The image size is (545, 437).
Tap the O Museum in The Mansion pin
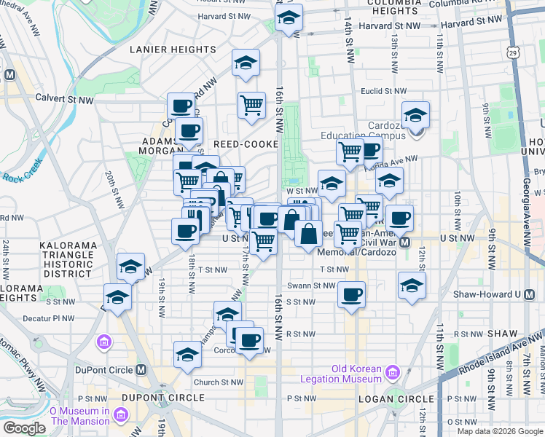[121, 415]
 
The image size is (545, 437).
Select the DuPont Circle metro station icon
[141, 369]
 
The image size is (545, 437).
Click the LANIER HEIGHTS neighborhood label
[161, 49]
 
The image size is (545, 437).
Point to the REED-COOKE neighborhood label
[245, 144]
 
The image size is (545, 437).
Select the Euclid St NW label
[385, 91]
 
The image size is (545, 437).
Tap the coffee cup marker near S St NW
[352, 294]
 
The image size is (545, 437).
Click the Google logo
[24, 428]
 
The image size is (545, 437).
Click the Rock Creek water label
[24, 177]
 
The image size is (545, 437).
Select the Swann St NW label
[310, 286]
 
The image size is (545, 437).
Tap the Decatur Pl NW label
[49, 318]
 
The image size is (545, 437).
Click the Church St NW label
[217, 382]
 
